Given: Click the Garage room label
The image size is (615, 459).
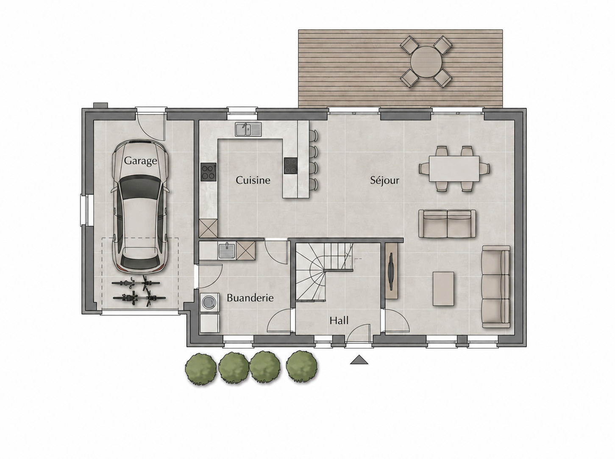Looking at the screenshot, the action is click(140, 161).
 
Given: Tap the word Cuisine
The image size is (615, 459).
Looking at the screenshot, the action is click(253, 180).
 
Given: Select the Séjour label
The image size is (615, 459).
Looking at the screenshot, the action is click(384, 180).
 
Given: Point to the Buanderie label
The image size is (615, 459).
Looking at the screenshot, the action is click(250, 298).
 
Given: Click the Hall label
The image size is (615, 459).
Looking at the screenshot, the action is click(339, 321).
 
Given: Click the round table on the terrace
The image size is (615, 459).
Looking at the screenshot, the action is click(426, 62).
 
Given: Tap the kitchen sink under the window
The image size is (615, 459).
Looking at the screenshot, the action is click(248, 129).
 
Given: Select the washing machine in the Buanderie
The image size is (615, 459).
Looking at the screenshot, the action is click(210, 302).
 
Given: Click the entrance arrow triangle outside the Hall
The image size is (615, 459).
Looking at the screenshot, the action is click(359, 359).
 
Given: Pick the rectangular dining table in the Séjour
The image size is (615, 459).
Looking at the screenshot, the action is click(454, 169).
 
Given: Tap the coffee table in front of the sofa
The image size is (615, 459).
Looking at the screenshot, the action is click(443, 288).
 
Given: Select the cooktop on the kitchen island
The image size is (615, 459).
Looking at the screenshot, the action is click(291, 166).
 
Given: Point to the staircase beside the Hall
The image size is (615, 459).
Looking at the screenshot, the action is click(324, 271).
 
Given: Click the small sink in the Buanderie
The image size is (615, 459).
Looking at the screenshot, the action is click(227, 251).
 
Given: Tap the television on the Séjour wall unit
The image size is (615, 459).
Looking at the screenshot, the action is click(391, 271).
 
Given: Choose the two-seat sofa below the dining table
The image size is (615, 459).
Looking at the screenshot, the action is click(447, 224).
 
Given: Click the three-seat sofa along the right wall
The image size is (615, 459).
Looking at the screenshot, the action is click(495, 287).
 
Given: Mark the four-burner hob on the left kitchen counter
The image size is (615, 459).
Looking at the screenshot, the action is click(209, 172).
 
